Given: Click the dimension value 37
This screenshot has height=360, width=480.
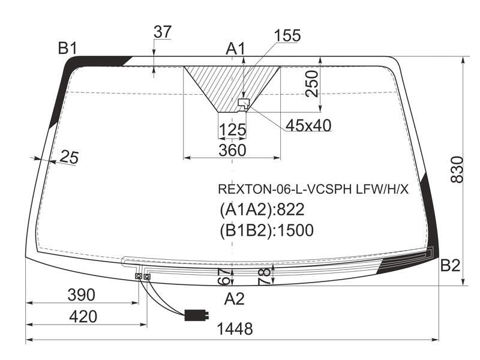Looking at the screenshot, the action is [163, 32].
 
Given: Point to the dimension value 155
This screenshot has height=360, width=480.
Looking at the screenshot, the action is [287, 35].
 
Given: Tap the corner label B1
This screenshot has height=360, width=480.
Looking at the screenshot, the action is [68, 48].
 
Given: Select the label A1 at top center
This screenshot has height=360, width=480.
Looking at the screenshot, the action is [236, 49].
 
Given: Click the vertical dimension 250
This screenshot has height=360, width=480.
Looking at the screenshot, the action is [312, 84].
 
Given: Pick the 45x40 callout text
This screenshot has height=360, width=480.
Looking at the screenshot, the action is [308, 125].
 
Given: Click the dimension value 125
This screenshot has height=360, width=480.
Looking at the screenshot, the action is [233, 130].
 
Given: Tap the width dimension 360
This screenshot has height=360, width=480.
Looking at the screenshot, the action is [232, 150].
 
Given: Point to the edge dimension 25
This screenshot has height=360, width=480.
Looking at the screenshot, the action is [69, 157].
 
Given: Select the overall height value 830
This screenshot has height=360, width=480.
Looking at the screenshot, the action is [457, 170].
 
